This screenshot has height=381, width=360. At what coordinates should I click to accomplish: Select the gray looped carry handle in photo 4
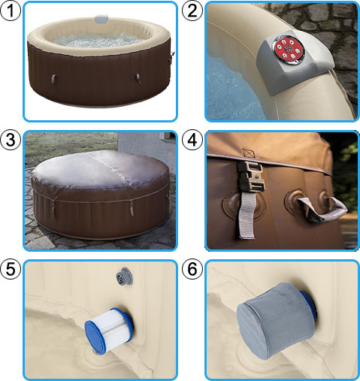pos(320,210)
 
